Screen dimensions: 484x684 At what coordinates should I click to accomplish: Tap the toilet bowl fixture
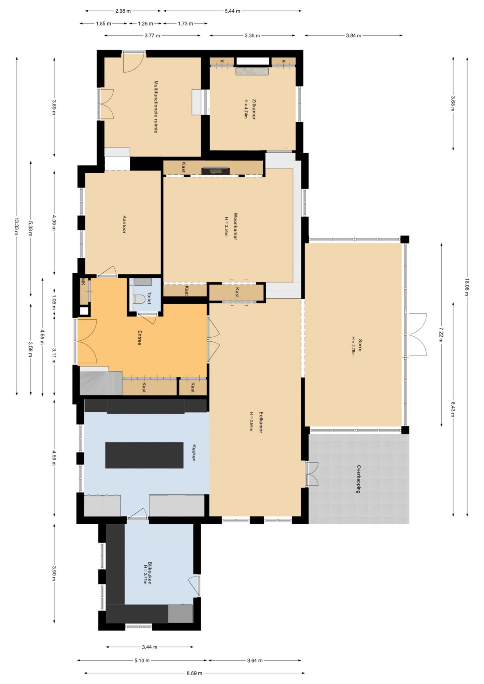click(x=138, y=298)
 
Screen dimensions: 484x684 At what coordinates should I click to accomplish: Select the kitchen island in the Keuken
click(x=144, y=455)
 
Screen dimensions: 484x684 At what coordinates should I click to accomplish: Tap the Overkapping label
click(x=358, y=479)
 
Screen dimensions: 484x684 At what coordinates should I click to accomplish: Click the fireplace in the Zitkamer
click(x=252, y=71)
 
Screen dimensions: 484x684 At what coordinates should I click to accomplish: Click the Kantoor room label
click(x=124, y=224)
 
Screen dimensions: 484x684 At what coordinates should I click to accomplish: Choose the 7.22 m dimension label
click(x=441, y=334)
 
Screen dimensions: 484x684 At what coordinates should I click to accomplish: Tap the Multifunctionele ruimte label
click(x=156, y=107)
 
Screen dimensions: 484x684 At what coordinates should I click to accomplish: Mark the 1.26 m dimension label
click(x=145, y=23)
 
